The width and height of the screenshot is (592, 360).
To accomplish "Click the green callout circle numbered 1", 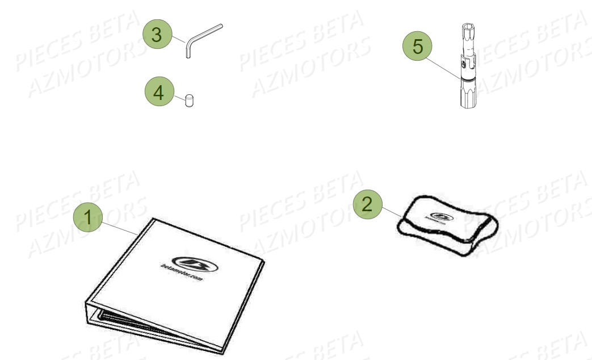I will (x=87, y=217).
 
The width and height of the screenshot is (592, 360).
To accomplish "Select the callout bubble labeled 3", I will (x=159, y=35).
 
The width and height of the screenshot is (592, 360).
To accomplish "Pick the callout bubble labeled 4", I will (x=159, y=93).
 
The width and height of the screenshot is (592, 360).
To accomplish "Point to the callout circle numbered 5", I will (x=418, y=47).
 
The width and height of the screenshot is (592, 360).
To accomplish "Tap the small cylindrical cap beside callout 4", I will (x=189, y=102).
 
